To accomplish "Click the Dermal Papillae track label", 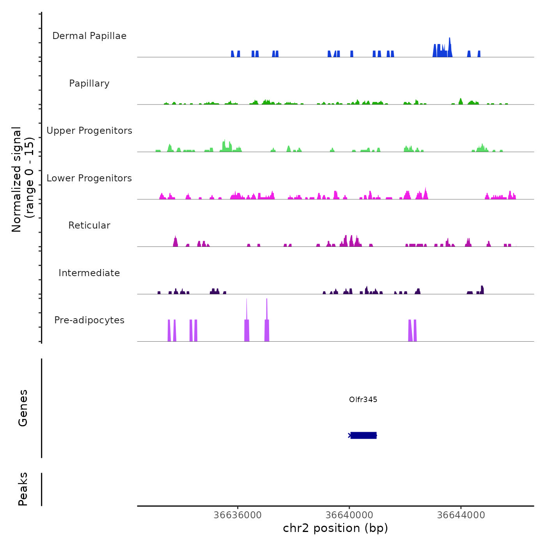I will coord(89,36).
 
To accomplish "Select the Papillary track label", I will coord(89,83).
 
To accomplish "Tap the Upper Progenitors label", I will coord(89,131).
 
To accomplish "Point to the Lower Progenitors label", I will coord(89,178).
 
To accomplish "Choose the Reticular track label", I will coord(89,225).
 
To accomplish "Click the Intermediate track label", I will coord(89,273).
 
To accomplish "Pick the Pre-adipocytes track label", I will coord(89,320).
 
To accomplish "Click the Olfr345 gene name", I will coord(363,399).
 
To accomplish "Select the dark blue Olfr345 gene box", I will coord(363,435).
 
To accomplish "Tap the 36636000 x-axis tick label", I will coord(238,515).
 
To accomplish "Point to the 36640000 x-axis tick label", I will coord(349,515).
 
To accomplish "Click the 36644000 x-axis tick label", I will coord(461,515).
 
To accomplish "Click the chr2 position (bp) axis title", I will coord(335,528).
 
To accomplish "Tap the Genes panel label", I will coord(23,408).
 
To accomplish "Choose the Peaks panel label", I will coord(23,489).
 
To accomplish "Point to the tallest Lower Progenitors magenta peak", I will coord(425,193).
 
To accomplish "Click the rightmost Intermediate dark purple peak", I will coord(482,290).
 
